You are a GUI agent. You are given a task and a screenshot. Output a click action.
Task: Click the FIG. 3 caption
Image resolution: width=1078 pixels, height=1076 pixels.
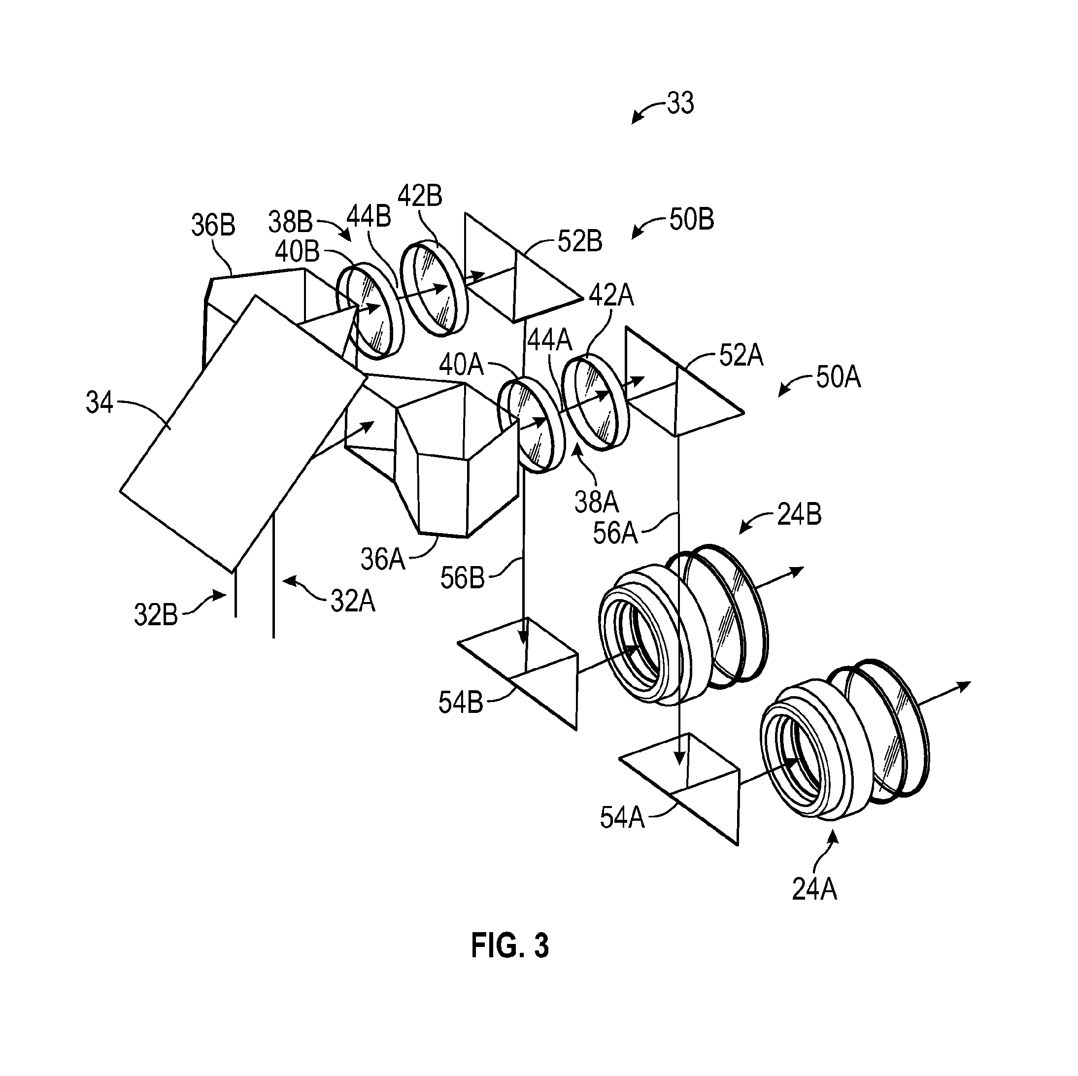510,945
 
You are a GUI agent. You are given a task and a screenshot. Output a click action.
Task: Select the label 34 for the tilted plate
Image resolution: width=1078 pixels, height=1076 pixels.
100,402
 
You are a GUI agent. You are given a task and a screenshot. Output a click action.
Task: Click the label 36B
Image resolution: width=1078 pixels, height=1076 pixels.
213,225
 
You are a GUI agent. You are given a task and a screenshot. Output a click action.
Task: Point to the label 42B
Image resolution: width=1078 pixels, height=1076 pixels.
420,196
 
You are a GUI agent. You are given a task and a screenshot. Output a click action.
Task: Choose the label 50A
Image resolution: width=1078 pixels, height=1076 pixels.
838,378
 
